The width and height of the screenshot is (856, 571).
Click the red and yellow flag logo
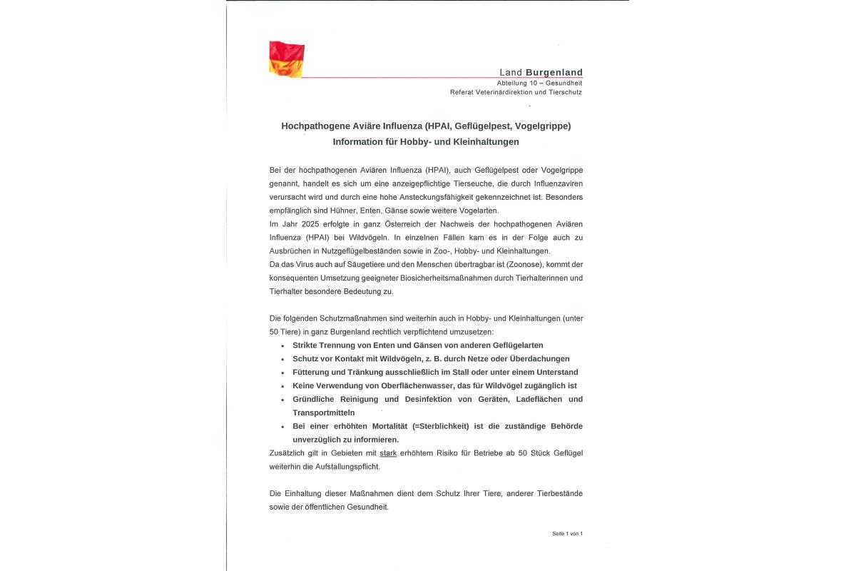(x=287, y=59)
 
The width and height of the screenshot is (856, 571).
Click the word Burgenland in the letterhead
(x=554, y=72)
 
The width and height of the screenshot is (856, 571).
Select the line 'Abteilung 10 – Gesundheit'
(x=539, y=83)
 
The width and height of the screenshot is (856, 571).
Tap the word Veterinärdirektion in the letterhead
(x=500, y=92)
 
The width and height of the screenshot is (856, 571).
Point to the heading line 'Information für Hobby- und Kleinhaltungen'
(x=426, y=141)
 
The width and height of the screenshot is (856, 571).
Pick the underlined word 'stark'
(x=388, y=453)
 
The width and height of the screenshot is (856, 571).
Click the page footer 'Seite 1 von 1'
(x=567, y=534)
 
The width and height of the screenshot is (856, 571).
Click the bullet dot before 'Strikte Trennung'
(x=282, y=345)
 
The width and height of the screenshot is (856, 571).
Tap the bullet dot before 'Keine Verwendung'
(x=282, y=386)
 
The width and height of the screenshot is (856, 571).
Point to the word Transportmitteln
(x=323, y=413)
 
